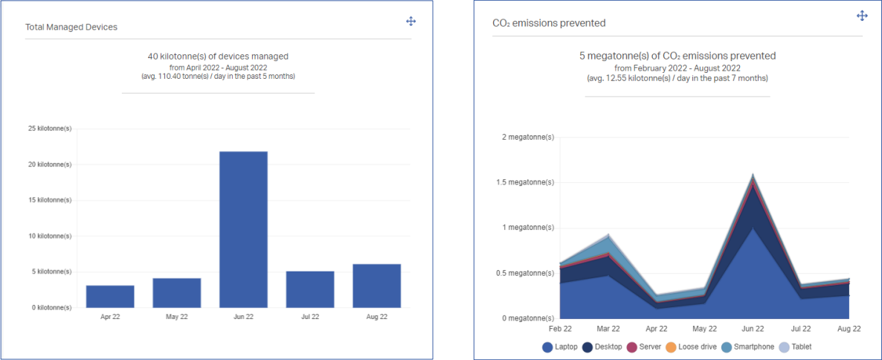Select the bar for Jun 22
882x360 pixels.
coord(243,229)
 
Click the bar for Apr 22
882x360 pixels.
coord(110,296)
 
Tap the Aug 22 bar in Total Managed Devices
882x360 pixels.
coord(377,286)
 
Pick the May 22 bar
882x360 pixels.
coord(177,292)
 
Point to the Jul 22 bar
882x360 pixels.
coord(310,289)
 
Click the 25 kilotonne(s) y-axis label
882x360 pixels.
coord(50,129)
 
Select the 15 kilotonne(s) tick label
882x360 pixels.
coord(50,200)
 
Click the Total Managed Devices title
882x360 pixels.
coord(71,27)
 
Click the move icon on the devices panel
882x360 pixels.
coord(411,21)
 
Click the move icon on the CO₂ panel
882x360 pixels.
coord(863,16)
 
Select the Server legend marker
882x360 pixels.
coord(632,347)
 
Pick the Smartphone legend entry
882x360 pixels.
coord(748,347)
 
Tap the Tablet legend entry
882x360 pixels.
coord(795,347)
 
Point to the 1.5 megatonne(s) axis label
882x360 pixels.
coord(528,182)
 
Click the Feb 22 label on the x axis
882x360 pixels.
coord(560,328)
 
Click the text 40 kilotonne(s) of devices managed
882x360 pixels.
coord(218,56)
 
